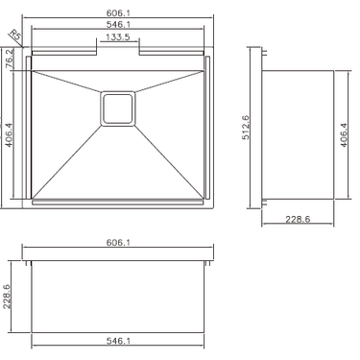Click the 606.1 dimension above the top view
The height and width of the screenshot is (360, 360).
pyautogui.click(x=119, y=12)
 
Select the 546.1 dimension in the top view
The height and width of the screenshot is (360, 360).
pyautogui.click(x=119, y=24)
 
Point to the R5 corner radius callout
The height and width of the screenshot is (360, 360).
pyautogui.click(x=14, y=36)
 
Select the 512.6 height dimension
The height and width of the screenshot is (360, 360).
pyautogui.click(x=246, y=128)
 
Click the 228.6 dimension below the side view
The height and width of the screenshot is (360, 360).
pyautogui.click(x=298, y=219)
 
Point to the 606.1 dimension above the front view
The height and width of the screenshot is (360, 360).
pyautogui.click(x=119, y=243)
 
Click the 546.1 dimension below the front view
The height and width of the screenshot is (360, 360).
pyautogui.click(x=119, y=341)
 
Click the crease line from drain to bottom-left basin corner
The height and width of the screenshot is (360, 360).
pyautogui.click(x=67, y=158)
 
